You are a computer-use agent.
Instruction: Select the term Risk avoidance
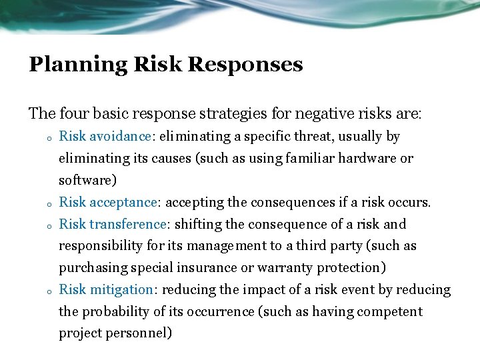coord(105,137)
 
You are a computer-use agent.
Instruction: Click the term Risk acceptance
coord(109,202)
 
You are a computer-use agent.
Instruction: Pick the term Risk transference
coord(112,224)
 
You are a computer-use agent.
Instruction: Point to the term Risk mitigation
coord(107,289)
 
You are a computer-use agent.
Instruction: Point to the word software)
coord(87,181)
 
